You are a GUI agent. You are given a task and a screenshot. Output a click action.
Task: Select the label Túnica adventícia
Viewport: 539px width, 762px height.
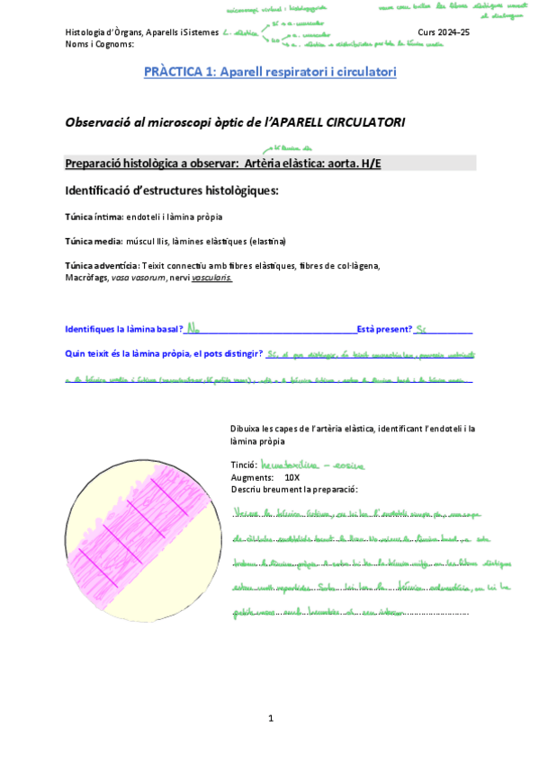[x=102, y=265]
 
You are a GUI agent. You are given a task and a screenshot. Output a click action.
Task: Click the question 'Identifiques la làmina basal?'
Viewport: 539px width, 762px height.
[x=124, y=330]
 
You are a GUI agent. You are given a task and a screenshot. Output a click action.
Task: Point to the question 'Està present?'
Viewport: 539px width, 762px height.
[x=385, y=330]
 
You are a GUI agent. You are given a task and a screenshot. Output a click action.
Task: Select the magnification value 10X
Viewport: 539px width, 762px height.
[x=292, y=477]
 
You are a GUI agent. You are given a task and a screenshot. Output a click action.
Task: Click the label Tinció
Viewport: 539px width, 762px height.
[x=244, y=465]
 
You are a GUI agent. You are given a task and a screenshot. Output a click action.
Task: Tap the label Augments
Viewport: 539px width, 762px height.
[x=251, y=477]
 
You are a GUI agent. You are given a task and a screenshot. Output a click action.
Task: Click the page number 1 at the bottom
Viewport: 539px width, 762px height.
[x=270, y=717]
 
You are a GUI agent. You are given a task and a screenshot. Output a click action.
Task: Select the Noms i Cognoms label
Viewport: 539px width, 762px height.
[x=100, y=43]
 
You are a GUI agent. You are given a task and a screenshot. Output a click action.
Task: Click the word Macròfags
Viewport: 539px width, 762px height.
[x=86, y=278]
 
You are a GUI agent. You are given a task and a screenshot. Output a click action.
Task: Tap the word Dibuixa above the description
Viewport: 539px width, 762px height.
[x=247, y=429]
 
